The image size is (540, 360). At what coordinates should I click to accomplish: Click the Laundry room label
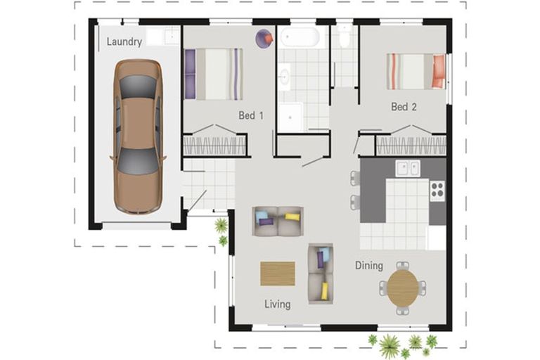124,41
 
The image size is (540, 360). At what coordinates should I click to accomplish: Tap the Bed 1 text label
251,115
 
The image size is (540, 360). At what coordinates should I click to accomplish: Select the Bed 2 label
404,107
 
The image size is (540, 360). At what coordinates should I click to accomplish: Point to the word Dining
369,266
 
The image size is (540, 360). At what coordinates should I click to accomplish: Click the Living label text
277,304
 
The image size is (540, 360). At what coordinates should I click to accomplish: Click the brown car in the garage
138,136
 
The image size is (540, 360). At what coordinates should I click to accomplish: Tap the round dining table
403,288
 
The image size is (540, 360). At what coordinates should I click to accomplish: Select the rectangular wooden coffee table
278,274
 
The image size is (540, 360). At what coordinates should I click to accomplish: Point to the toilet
345,36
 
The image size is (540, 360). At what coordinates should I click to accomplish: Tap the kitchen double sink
408,169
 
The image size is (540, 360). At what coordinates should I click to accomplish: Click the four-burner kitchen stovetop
437,191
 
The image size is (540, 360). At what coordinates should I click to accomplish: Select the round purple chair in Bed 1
264,38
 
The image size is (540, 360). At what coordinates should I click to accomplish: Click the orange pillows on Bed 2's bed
439,72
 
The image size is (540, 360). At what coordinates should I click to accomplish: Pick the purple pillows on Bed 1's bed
190,75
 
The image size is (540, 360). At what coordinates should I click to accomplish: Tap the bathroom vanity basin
285,77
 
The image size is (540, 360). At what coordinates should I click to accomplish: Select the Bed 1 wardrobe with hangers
214,146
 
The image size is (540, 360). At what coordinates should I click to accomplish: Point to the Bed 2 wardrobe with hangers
411,146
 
